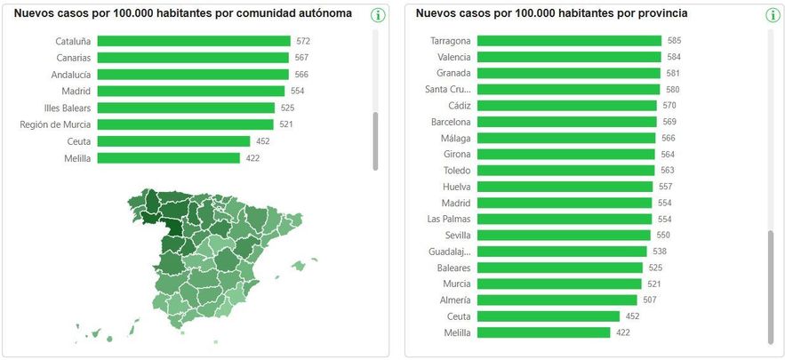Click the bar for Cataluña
(194, 41)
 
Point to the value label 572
(303, 41)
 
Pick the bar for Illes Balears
(186, 108)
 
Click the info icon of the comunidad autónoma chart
(378, 15)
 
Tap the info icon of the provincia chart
(772, 15)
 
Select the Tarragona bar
(569, 41)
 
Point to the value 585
(675, 41)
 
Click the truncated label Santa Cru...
(447, 89)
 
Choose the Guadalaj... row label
(449, 252)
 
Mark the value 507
(650, 300)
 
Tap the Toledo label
(457, 170)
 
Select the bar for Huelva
(565, 187)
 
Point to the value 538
(660, 252)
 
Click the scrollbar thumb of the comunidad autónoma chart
(375, 140)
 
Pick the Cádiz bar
(566, 105)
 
